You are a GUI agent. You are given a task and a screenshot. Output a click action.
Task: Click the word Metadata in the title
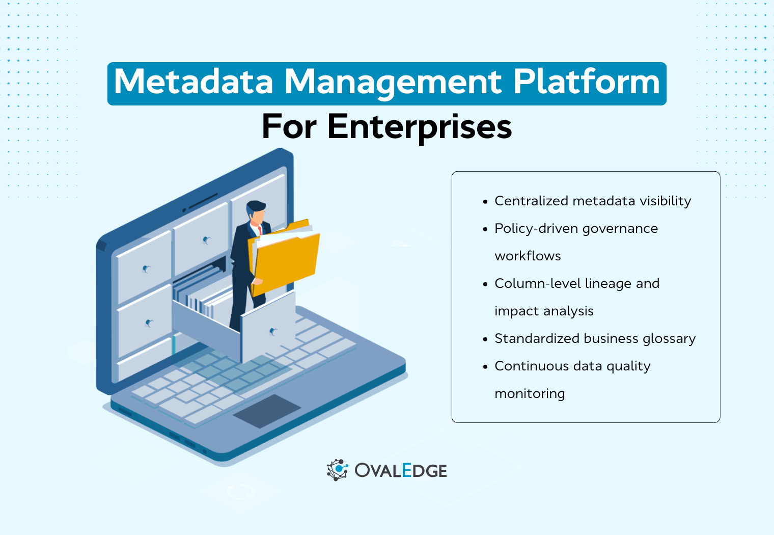coord(193,83)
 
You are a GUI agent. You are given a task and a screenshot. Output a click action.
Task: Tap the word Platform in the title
coord(587,83)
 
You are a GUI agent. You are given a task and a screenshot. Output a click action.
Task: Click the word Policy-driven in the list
coord(536,228)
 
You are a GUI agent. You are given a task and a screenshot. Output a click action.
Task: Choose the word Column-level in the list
coord(538,283)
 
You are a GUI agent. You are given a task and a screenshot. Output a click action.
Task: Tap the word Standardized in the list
coord(537,338)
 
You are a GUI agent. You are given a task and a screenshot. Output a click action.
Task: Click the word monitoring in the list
coord(530,394)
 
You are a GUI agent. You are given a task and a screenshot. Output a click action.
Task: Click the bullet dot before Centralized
coord(485,202)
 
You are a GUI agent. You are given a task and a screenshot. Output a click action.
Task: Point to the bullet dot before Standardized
coord(485,339)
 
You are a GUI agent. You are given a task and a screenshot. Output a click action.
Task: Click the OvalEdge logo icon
coord(337,470)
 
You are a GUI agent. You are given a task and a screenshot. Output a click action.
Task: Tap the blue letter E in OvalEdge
coord(407,470)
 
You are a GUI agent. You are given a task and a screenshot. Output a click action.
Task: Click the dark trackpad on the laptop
coord(267,410)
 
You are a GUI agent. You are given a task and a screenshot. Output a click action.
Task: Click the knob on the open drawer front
coord(273,332)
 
